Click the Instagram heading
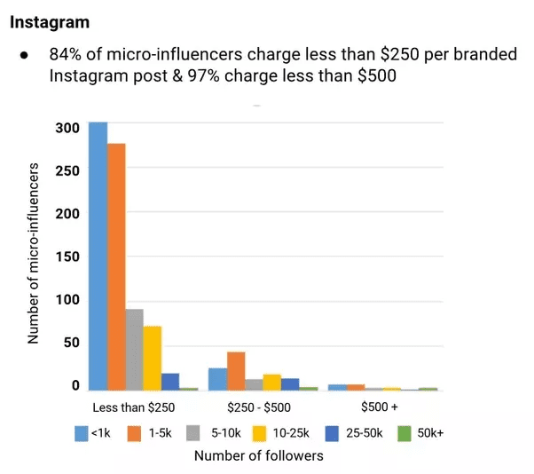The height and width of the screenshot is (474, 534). (x=50, y=20)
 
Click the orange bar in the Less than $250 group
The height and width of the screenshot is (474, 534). (x=116, y=266)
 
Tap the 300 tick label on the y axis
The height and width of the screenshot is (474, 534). (x=72, y=127)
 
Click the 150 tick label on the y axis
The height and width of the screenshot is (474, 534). (x=72, y=257)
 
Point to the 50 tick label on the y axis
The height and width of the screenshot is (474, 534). (x=75, y=344)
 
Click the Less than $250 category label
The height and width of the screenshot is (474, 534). (x=133, y=407)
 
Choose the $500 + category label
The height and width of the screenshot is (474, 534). (x=380, y=407)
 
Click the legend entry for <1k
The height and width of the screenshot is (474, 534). (x=92, y=433)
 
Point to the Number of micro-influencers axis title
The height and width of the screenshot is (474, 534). (x=34, y=254)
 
